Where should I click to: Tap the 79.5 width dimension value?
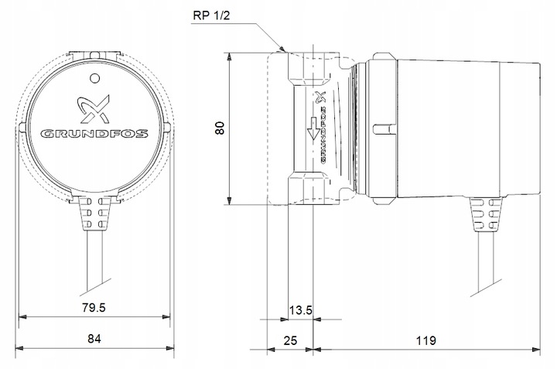(93, 308)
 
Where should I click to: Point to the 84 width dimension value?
(93, 338)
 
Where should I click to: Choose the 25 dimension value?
(289, 340)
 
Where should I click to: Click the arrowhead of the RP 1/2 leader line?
(285, 50)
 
